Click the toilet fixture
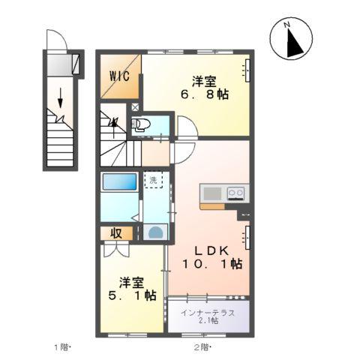[x=145, y=124]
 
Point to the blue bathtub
[x=120, y=182]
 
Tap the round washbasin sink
[x=154, y=232]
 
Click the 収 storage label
[x=118, y=233]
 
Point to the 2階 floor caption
[x=201, y=346]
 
